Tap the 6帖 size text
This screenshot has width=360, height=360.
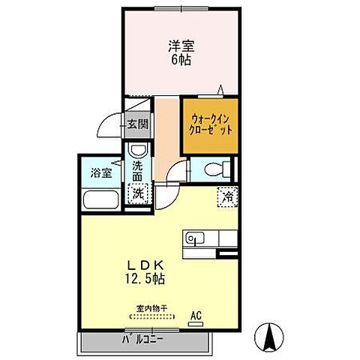[179, 59]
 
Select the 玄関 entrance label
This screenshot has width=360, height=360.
[136, 124]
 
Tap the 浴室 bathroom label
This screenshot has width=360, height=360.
[101, 172]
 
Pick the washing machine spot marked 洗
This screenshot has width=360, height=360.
[138, 194]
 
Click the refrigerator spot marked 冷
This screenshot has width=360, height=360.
[226, 196]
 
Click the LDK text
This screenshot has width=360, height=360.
[147, 264]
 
